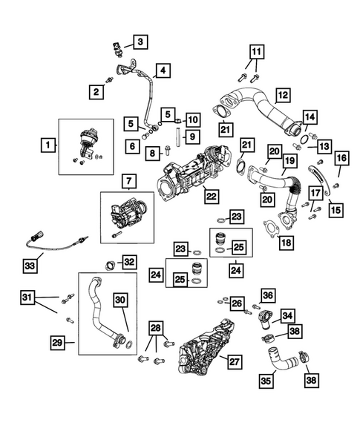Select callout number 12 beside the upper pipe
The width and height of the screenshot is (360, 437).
[x=283, y=95]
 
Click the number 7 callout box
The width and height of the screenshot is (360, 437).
[x=128, y=180]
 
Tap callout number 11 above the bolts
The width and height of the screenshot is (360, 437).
[x=255, y=52]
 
